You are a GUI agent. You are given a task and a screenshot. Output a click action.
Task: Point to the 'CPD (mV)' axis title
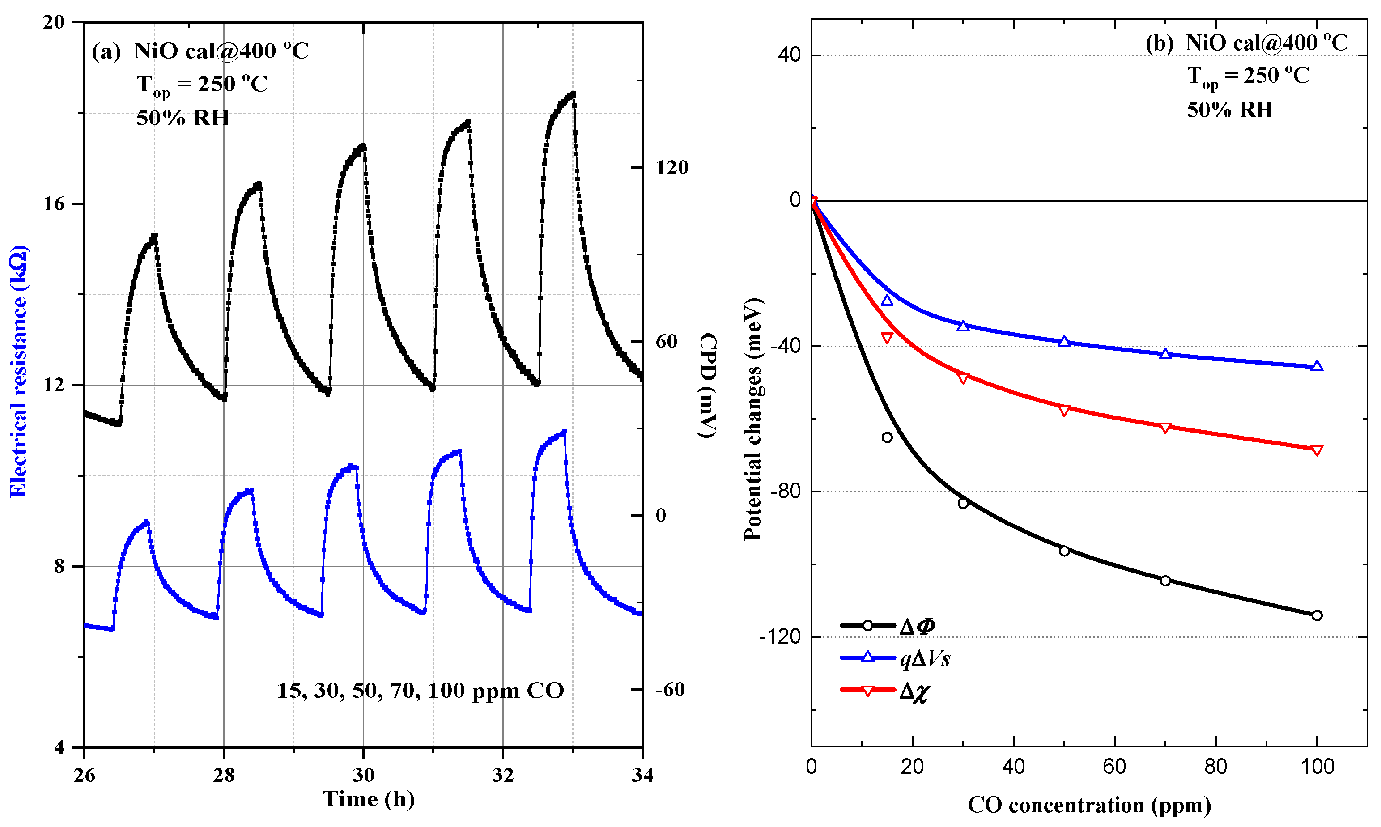(x=707, y=386)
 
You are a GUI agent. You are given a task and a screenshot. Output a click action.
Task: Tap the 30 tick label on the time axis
(x=363, y=775)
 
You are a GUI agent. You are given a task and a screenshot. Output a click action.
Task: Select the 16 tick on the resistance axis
(x=54, y=204)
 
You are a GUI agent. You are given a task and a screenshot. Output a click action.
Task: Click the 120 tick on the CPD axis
(x=671, y=168)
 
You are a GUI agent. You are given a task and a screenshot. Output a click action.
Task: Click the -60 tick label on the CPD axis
(x=669, y=690)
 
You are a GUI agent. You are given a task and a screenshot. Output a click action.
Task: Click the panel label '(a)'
(x=106, y=52)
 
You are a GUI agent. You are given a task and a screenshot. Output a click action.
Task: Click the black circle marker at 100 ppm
(x=1317, y=616)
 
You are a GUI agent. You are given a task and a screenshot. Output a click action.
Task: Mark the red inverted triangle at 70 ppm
(x=1165, y=428)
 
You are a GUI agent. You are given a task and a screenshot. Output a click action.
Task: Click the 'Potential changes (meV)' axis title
(x=753, y=419)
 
